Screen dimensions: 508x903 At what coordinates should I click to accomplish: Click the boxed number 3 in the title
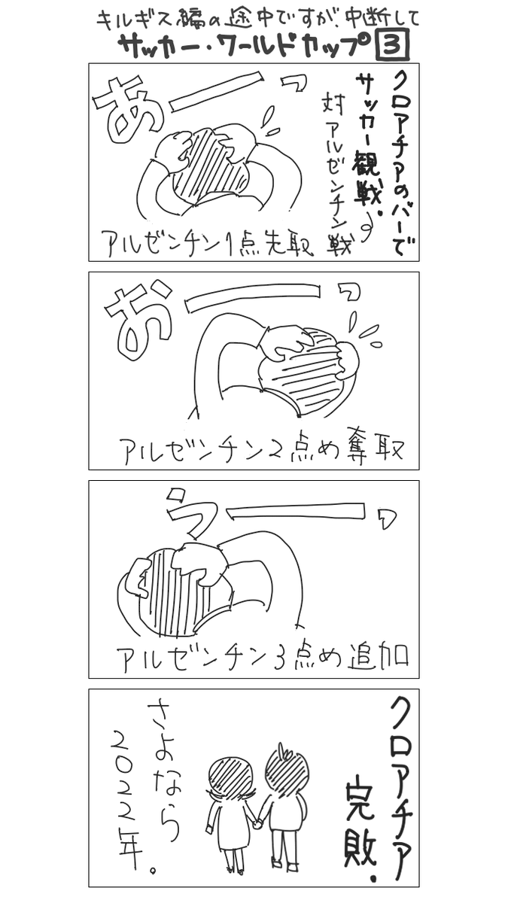(392, 44)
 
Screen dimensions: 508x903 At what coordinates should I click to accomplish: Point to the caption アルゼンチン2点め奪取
(261, 451)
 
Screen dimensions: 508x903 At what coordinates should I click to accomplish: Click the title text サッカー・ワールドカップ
(245, 45)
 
